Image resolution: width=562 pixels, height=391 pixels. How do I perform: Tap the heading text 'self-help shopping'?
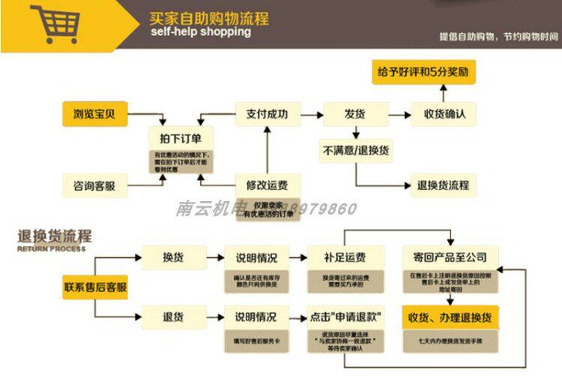[x=200, y=32]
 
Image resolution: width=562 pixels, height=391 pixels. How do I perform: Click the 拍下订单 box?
[x=181, y=137]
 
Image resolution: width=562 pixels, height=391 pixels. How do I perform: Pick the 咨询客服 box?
[x=94, y=185]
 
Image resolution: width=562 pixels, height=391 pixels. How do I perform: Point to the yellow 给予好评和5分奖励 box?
[x=424, y=72]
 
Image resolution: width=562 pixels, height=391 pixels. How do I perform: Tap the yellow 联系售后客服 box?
[x=94, y=287]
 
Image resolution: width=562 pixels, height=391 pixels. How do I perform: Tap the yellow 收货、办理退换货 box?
[x=450, y=317]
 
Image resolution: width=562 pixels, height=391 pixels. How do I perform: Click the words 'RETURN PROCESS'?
[x=51, y=248]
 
